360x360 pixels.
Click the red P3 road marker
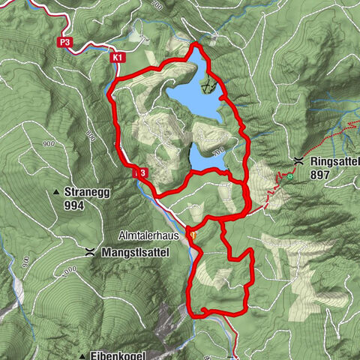(66, 43)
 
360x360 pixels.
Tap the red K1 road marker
(117, 57)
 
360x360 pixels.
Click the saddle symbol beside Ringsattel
(299, 160)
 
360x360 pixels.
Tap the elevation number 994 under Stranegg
(74, 205)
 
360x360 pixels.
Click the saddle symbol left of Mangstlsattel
(90, 252)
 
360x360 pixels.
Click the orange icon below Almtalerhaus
(194, 234)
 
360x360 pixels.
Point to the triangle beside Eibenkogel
(80, 355)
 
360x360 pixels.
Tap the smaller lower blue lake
(207, 157)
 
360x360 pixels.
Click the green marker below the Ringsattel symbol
(289, 177)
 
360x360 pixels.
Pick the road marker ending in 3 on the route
(140, 173)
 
